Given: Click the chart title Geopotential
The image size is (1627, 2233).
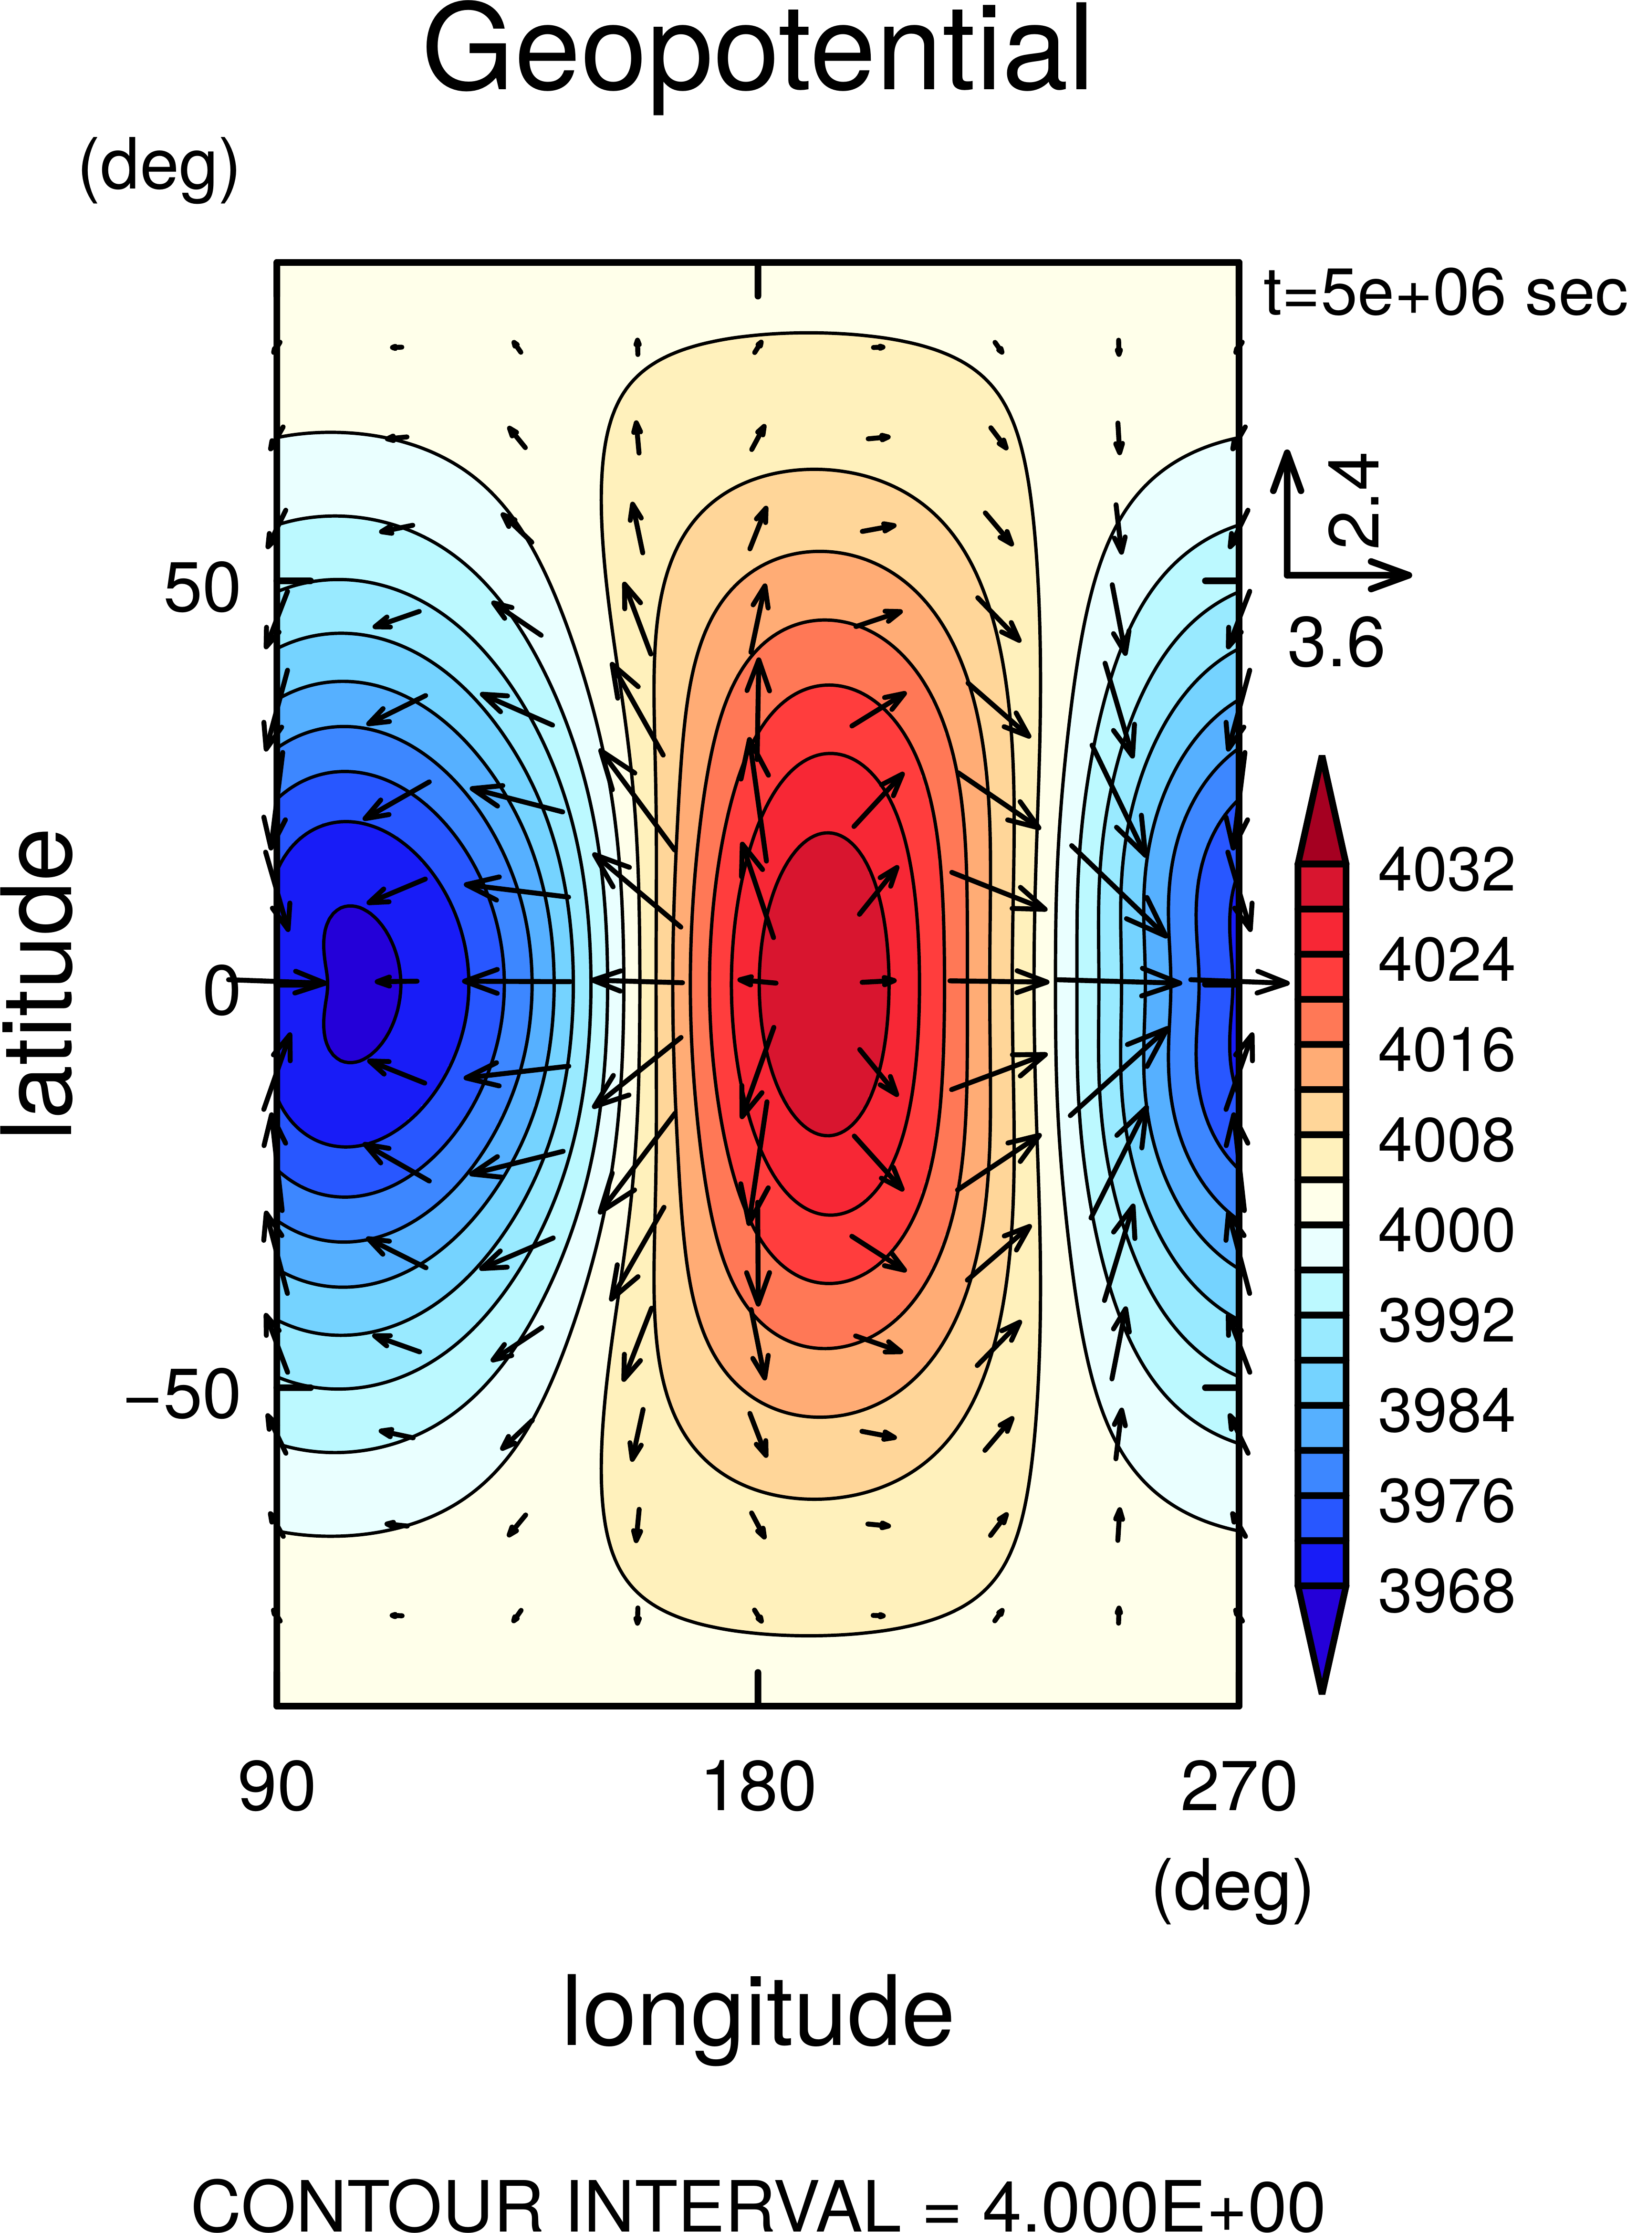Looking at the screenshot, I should [x=756, y=51].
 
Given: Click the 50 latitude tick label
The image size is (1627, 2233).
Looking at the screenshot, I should [x=202, y=589].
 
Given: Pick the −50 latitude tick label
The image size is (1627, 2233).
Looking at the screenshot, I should [x=183, y=1395].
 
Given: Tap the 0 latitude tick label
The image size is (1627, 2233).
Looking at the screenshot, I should [x=221, y=991].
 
